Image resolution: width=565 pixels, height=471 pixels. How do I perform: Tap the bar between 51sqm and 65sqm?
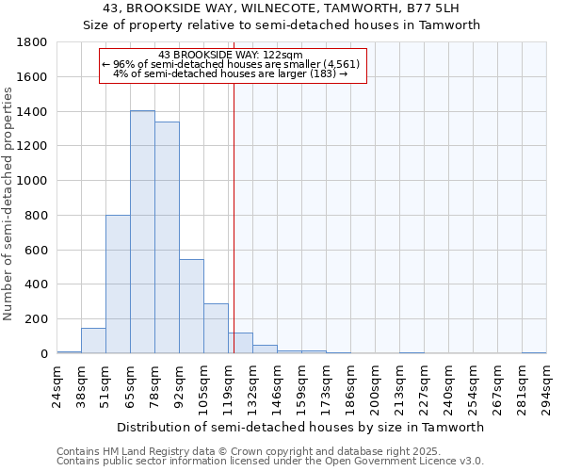pyautogui.click(x=118, y=284)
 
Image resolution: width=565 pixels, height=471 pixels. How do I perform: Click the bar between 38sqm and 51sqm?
pyautogui.click(x=93, y=341)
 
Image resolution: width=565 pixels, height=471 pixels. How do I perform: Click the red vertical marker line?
pyautogui.click(x=234, y=217)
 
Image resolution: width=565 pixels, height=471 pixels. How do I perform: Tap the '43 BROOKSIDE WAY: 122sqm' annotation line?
pyautogui.click(x=231, y=55)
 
